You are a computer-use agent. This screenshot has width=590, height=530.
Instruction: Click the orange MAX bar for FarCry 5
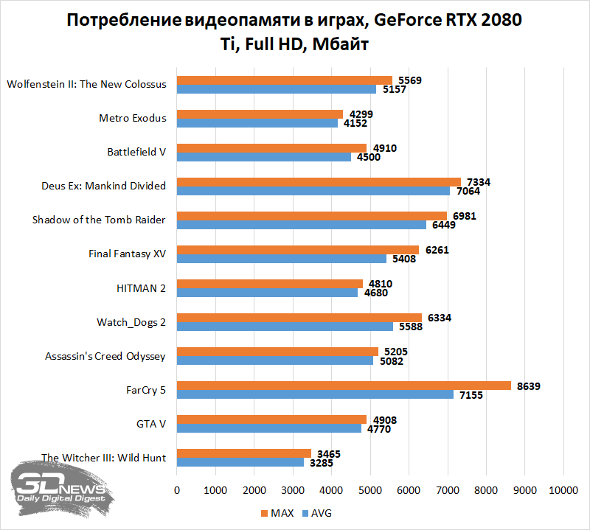click(343, 386)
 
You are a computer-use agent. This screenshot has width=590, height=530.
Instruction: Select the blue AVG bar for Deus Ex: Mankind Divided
click(313, 191)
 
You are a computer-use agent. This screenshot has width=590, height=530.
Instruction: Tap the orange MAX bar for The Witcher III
click(243, 453)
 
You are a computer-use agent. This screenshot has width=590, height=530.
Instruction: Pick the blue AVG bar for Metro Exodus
click(257, 123)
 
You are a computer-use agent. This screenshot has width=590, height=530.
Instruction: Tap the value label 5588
click(409, 327)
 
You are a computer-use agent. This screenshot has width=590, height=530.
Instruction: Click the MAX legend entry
click(277, 512)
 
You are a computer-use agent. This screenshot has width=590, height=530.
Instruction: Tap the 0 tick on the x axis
click(176, 489)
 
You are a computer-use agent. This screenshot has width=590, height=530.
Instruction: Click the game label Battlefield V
click(136, 152)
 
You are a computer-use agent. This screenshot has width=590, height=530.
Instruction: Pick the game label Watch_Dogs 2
click(131, 322)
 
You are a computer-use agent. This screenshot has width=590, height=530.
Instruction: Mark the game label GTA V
click(151, 424)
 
